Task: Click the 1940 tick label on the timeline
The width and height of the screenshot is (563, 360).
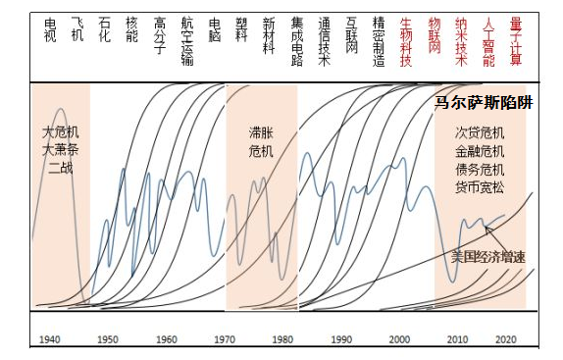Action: pyautogui.click(x=50, y=338)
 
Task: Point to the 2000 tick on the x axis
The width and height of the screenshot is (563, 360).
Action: pyautogui.click(x=400, y=338)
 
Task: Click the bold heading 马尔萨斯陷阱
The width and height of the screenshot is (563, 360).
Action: pyautogui.click(x=484, y=103)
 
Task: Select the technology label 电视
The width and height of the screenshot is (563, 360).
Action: pyautogui.click(x=50, y=28)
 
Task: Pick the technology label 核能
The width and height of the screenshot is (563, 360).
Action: pyautogui.click(x=132, y=28)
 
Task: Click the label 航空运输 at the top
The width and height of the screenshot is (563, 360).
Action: pyautogui.click(x=186, y=40)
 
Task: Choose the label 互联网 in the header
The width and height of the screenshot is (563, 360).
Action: pyautogui.click(x=351, y=34)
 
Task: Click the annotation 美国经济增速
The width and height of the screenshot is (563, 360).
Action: pyautogui.click(x=487, y=257)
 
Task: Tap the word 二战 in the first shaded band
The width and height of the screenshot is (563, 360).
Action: pyautogui.click(x=60, y=168)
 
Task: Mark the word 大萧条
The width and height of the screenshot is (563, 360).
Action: pyautogui.click(x=60, y=149)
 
